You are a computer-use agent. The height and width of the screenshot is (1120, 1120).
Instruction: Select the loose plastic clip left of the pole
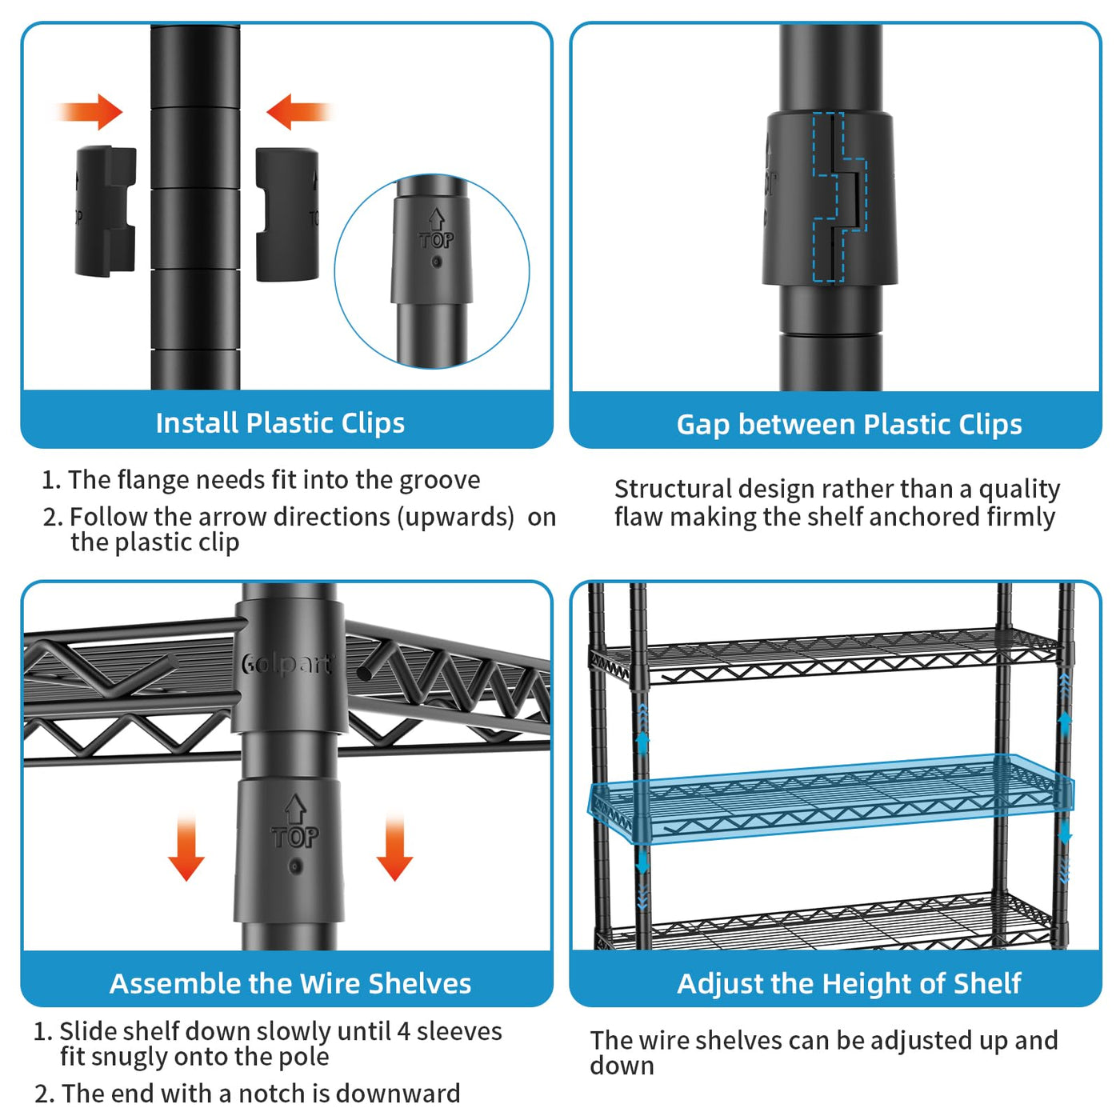coord(105,211)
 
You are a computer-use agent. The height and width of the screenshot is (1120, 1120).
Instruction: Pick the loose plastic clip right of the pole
coord(287,214)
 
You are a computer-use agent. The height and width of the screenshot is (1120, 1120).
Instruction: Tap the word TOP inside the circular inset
coord(436,240)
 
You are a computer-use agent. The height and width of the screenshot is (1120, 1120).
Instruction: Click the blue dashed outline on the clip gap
coord(839,197)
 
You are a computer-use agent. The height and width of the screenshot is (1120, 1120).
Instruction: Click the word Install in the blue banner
coord(197,422)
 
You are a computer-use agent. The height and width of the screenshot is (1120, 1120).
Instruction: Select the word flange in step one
coord(154,480)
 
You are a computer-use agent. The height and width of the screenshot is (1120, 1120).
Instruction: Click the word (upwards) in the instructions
coord(456,517)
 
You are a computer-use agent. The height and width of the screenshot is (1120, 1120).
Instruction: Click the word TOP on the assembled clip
coord(294,837)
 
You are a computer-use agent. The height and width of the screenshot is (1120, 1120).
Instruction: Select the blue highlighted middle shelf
coord(832,797)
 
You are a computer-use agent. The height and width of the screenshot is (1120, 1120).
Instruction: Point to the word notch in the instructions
coord(271,1093)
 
